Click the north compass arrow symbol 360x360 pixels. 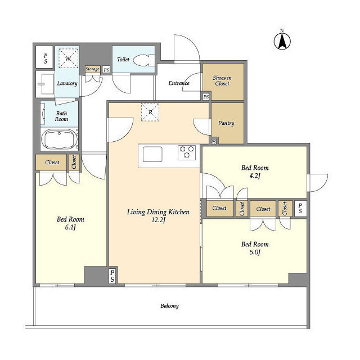[282, 41]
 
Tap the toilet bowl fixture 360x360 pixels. [144, 60]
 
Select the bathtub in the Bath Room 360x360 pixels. [59, 139]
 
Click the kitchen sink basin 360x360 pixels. [152, 154]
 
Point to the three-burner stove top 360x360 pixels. [187, 152]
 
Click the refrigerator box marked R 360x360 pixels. [150, 112]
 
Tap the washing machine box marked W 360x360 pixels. [68, 58]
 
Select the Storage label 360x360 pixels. [92, 69]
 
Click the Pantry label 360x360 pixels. [226, 123]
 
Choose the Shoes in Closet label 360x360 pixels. [222, 80]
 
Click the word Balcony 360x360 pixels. [169, 306]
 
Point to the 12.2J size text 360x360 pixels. [159, 220]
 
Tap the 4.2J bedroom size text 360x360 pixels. [255, 176]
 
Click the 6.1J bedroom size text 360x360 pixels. [70, 227]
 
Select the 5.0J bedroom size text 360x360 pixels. [255, 253]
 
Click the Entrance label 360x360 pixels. [179, 83]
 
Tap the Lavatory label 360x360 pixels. [67, 83]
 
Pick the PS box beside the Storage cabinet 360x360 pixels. [106, 70]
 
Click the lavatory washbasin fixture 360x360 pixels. [45, 84]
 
